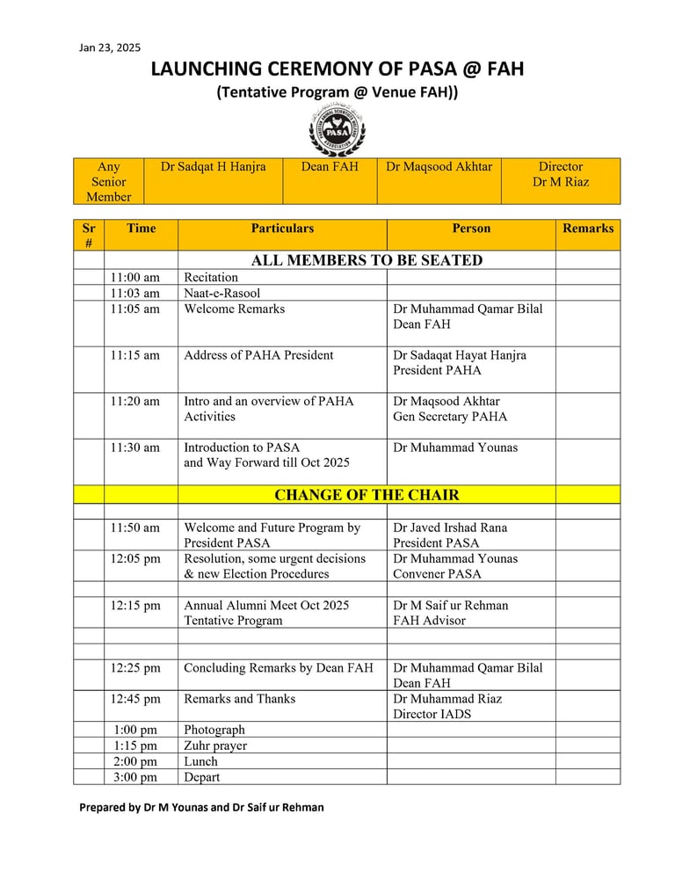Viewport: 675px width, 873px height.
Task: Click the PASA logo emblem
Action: tap(337, 132)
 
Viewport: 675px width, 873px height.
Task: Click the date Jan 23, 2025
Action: tap(110, 47)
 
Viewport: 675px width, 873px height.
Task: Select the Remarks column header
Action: tap(588, 229)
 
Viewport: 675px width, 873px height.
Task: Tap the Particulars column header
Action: tap(282, 229)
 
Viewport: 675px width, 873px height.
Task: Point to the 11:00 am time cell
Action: tap(135, 278)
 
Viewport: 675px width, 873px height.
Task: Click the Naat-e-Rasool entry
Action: tap(222, 294)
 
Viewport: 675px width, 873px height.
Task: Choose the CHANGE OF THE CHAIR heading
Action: tap(367, 495)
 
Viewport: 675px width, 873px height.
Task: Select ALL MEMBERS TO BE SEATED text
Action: tap(367, 260)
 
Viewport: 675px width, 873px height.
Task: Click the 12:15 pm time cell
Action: tap(135, 606)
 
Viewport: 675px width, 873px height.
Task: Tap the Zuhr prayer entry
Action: tap(215, 746)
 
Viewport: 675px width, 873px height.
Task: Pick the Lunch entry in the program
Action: tap(200, 761)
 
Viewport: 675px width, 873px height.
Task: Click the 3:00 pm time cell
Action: tap(135, 777)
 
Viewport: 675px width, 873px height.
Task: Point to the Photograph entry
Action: tap(214, 730)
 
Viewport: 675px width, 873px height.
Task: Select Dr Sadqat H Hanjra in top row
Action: tap(213, 167)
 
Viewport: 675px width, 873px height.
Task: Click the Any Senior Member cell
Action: tap(109, 182)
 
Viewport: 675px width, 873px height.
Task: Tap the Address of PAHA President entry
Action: tap(258, 356)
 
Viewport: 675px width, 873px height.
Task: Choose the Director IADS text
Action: tap(432, 714)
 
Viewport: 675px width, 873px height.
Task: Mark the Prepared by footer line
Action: tap(201, 807)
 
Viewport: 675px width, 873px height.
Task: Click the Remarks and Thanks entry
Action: tap(239, 699)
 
